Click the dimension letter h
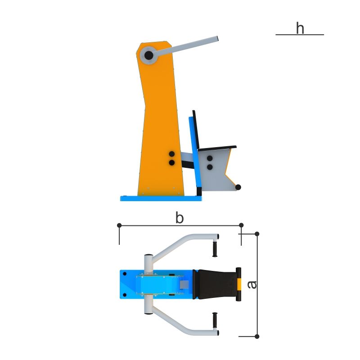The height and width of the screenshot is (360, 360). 300,28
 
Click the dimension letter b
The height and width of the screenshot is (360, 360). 180,218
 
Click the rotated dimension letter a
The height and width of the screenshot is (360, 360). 252,285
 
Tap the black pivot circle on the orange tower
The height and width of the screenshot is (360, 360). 148,55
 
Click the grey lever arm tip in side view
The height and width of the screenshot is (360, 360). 216,39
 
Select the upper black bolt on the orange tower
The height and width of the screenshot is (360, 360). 172,154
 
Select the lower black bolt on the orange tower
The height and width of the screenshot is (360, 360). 172,163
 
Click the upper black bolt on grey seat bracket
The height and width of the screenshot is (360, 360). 210,158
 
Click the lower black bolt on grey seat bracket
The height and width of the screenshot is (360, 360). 210,167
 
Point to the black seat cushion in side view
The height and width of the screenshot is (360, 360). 217,148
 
